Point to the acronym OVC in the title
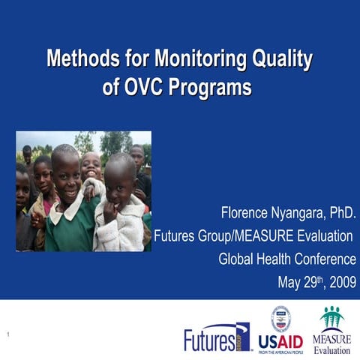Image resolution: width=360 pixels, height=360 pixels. (143, 87)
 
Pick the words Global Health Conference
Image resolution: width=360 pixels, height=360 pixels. (286, 260)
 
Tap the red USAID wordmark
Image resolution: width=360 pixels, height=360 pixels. (280, 342)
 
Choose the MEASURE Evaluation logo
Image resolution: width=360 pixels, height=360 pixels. (331, 330)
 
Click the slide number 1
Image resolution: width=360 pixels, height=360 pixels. (7, 334)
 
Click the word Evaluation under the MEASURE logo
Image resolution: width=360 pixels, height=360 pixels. (331, 350)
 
